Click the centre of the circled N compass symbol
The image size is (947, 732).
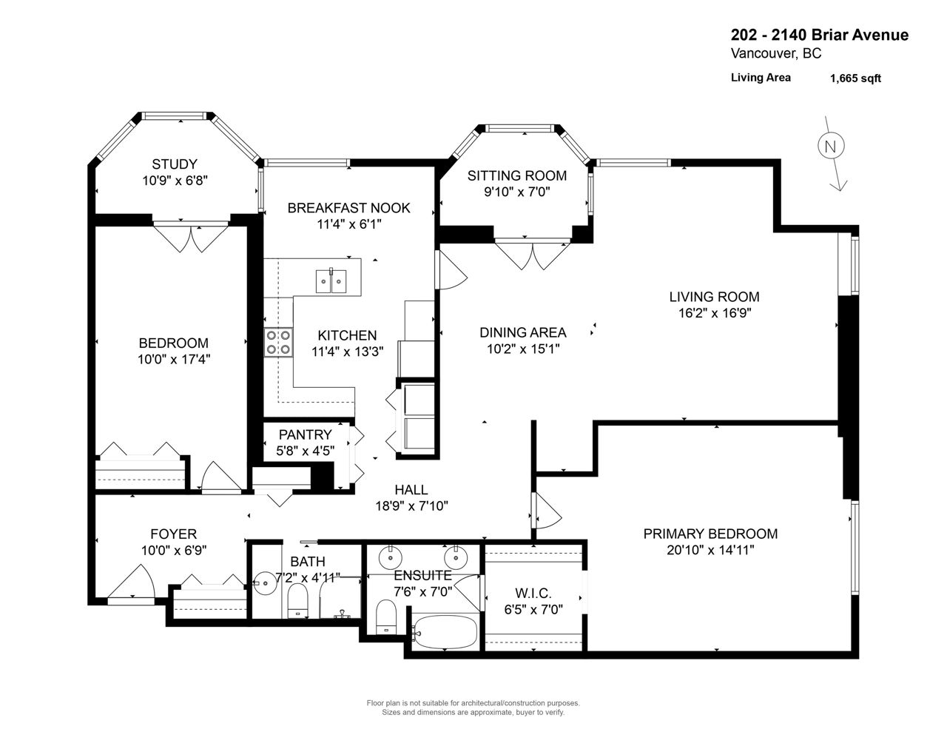pos(831,146)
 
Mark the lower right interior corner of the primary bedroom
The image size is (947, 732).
pos(852,651)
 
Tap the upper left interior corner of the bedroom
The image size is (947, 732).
pos(95,226)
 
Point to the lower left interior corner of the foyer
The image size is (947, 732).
pos(95,598)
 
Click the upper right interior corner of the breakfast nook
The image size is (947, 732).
pos(434,167)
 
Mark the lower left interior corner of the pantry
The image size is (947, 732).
pos(264,460)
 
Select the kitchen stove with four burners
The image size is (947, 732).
pos(278,342)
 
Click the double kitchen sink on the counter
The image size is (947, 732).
pos(331,281)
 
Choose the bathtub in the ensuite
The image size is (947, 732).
pos(445,632)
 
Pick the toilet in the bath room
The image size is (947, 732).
pos(298,600)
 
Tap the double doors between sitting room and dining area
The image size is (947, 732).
pos(533,254)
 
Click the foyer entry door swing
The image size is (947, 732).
pos(131,582)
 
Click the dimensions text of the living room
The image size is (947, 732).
pos(715,313)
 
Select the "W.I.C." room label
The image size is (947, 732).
pos(533,593)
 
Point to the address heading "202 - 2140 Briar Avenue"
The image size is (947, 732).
pos(819,35)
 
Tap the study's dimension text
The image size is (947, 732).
pos(175,181)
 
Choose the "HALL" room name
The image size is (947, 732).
pos(411,489)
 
